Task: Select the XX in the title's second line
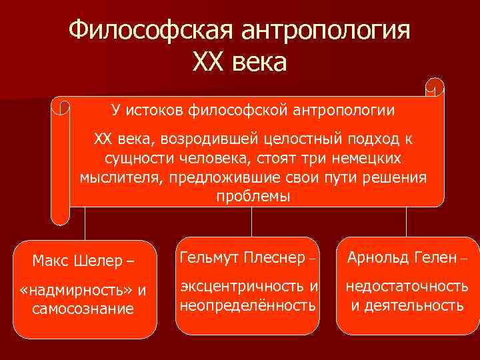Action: click(209, 63)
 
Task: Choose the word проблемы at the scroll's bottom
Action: click(253, 197)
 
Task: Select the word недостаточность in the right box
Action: click(406, 287)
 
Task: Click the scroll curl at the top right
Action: click(435, 87)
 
